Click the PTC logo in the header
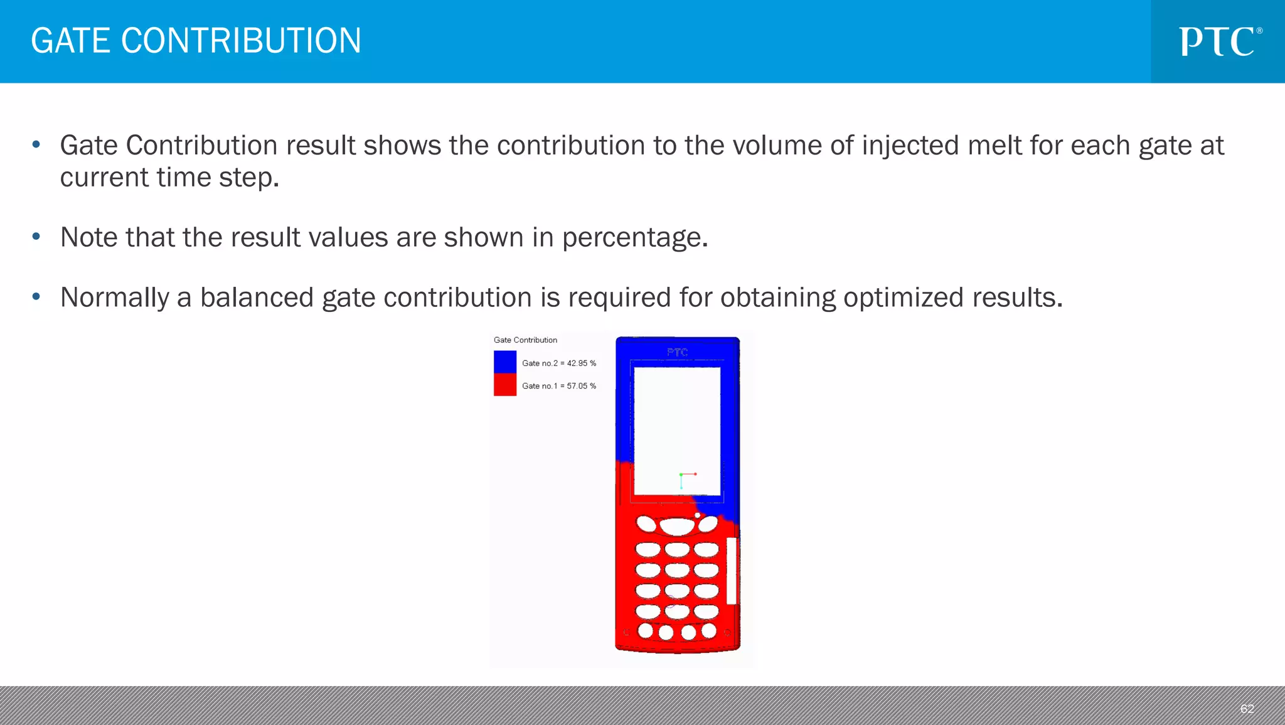click(1219, 41)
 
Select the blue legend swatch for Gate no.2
click(504, 362)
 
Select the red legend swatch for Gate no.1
click(504, 385)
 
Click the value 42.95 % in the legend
click(581, 363)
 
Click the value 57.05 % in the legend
click(581, 386)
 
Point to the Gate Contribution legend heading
click(525, 340)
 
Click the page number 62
click(1246, 709)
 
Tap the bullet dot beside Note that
click(36, 237)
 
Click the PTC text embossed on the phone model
click(677, 353)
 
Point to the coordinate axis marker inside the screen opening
click(685, 479)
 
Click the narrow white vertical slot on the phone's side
click(731, 571)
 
